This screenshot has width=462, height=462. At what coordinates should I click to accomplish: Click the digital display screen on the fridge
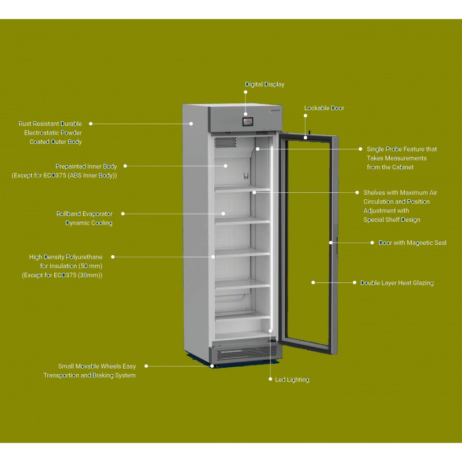tap(248, 121)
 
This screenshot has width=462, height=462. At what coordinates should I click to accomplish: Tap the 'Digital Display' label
tap(264, 84)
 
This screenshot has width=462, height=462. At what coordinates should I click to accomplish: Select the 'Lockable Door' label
tap(324, 108)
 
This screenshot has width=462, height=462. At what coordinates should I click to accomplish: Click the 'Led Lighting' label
tap(292, 379)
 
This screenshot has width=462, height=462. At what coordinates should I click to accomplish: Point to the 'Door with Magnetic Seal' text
tap(412, 243)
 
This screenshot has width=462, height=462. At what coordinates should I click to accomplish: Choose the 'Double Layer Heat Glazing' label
tap(397, 283)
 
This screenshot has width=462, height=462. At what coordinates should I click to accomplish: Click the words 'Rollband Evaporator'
tap(84, 214)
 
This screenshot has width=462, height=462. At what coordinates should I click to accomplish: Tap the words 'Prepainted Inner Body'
tap(86, 166)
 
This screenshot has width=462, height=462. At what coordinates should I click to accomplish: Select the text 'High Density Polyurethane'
tap(66, 257)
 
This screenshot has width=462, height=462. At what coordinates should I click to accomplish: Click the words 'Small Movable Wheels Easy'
tap(97, 366)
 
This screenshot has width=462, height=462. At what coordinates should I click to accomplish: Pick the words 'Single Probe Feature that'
tap(401, 149)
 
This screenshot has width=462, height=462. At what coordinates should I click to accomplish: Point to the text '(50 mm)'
tap(91, 266)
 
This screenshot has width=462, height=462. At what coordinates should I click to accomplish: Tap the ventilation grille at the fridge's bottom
tap(247, 353)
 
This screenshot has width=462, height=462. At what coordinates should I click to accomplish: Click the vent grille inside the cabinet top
tap(225, 142)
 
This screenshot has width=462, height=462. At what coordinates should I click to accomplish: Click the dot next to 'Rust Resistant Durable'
tap(91, 124)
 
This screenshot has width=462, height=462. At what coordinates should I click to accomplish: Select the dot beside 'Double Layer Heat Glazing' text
tap(355, 282)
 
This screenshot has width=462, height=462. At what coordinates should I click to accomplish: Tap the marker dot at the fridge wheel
tap(212, 366)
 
